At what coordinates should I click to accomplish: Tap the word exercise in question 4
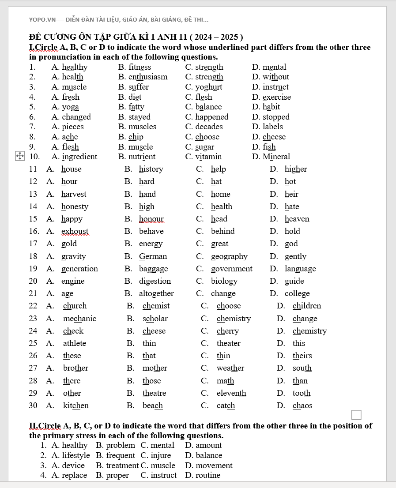tap(277, 97)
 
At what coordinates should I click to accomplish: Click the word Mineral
tap(276, 157)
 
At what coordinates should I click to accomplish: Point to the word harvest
tap(74, 194)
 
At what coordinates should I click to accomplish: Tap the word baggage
tap(153, 269)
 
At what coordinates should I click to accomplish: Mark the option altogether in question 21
tap(156, 293)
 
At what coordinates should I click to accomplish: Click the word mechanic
tap(79, 319)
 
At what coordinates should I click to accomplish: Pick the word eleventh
tap(231, 393)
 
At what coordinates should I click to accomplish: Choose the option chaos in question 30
tap(302, 405)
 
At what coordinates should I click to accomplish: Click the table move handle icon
tap(20, 156)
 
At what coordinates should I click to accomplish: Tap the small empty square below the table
tap(356, 415)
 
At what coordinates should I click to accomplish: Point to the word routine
tap(208, 475)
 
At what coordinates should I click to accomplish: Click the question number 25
tap(33, 343)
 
